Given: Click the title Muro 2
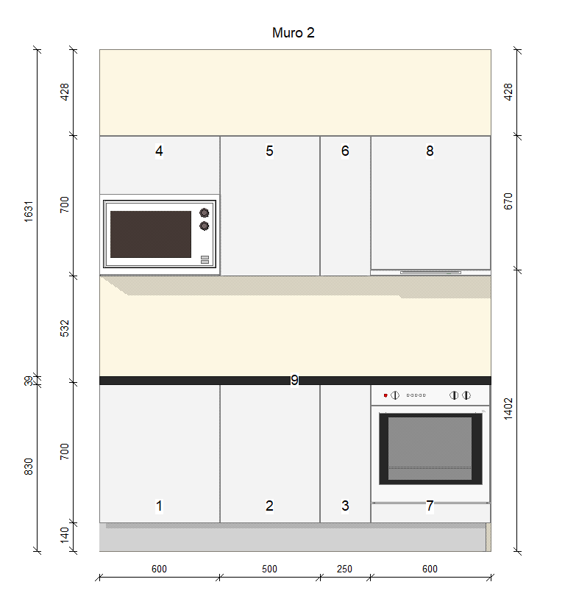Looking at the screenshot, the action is pos(293,33).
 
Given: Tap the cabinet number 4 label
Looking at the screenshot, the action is pos(159,151).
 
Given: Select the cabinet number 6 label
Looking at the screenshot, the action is pos(345,151).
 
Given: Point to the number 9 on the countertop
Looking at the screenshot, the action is pos(294,380).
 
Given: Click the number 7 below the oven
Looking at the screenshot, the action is pos(430,506).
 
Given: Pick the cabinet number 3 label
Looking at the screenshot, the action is pos(345,506).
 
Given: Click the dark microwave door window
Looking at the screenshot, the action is pos(151,234).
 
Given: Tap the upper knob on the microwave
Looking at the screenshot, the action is pos(204,212).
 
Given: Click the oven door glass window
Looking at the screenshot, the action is pos(430,448).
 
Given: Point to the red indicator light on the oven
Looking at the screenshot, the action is pos(385,395).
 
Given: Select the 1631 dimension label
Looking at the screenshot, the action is pos(29,211).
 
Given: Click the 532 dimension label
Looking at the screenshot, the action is pos(65,328).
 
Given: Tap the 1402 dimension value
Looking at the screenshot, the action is pos(508,409).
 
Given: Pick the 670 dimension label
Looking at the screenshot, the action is pos(508,201).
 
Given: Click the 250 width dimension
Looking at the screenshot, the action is pos(344,569).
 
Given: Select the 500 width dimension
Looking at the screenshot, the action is pos(269,569).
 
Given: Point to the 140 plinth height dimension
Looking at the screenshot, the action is pos(65,536).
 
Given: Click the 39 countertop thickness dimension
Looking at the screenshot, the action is pos(29,381).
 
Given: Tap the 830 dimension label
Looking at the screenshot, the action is pos(29,467).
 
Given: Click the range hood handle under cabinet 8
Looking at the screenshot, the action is pos(431,273).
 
